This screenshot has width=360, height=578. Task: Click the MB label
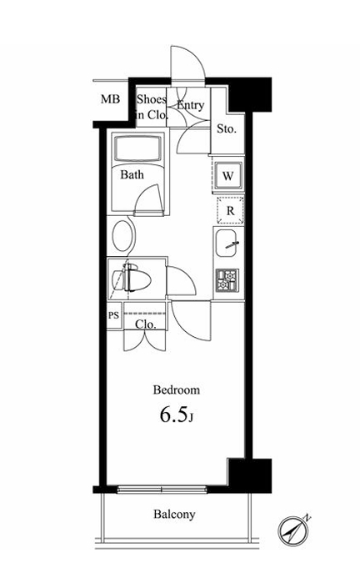coord(111,99)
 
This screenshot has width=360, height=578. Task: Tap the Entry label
coord(191,105)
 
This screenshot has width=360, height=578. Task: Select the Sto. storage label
coord(226,128)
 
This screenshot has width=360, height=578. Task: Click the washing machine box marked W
coord(228,176)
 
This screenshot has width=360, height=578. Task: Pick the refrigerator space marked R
coord(230,210)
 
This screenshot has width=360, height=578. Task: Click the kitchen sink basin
coord(227,243)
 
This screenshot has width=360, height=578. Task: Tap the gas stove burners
coord(227,280)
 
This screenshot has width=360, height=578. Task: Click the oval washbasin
coord(122,236)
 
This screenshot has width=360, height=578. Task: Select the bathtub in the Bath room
coord(137,148)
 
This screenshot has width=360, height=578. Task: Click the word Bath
coord(132,174)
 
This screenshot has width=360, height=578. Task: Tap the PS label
coord(114,315)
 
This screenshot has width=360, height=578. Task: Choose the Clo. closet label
coord(146,324)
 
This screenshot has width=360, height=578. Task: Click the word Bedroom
coord(177,390)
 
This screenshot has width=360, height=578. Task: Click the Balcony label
coord(174,515)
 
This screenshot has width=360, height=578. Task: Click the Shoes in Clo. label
coord(152,107)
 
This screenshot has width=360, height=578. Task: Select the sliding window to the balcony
coord(162,490)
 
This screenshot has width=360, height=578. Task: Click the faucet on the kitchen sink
coord(232,244)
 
